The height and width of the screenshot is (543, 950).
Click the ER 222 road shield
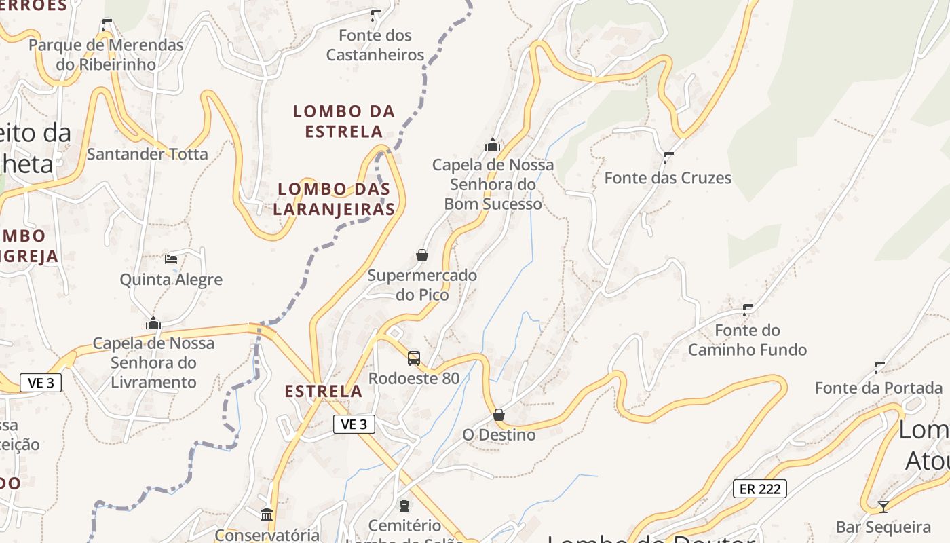[x=759, y=488]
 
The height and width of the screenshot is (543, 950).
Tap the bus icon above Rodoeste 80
[x=414, y=358]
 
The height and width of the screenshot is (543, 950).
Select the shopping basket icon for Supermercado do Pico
[x=422, y=255]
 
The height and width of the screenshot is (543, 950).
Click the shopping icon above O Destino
[x=499, y=414]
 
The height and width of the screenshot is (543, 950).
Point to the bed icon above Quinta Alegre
[x=171, y=259]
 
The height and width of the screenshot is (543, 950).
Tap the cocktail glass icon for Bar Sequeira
[x=883, y=506]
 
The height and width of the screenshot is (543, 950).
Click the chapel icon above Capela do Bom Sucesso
[x=493, y=145]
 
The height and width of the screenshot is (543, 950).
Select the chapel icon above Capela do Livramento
[x=153, y=323]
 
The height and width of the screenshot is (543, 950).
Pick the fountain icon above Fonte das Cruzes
[x=668, y=157]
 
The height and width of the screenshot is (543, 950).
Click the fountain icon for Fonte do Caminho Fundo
[x=748, y=310]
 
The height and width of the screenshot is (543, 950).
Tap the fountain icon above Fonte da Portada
[x=879, y=367]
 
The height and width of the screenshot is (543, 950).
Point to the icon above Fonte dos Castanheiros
[x=375, y=15]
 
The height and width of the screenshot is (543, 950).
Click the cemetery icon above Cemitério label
[x=405, y=505]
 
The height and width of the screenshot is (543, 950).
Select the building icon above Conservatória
[x=267, y=514]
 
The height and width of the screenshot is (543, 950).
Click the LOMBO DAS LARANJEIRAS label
[x=334, y=199]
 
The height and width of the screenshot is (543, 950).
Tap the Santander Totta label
[x=147, y=154]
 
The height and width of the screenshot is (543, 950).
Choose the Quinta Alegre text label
[x=171, y=280]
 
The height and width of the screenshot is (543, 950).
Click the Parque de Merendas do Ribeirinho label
[x=106, y=55]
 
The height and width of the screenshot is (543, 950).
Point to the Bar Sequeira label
[x=883, y=527]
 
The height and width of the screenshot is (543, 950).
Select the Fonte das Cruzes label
[x=668, y=178]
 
